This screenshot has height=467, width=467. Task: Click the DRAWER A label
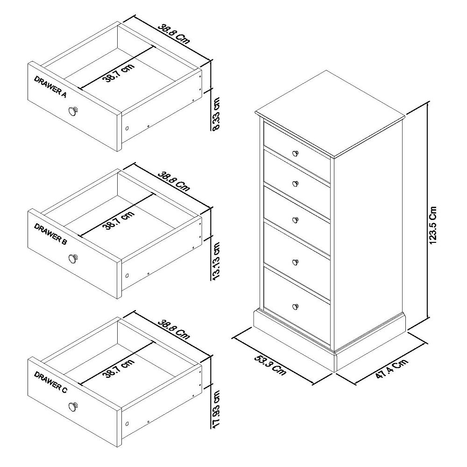tap(50, 86)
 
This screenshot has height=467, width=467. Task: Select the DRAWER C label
tap(50, 382)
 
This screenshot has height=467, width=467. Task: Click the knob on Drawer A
tap(73, 111)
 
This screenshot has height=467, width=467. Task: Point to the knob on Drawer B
tap(73, 257)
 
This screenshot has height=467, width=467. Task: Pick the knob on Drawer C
tap(73, 406)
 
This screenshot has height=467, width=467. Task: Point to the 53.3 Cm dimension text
tap(270, 365)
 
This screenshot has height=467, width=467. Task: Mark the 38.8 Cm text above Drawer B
tap(173, 181)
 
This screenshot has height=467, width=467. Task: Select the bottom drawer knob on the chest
tap(295, 306)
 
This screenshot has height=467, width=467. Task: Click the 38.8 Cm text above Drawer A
tap(173, 33)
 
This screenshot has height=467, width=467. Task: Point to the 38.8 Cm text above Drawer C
tap(173, 329)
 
